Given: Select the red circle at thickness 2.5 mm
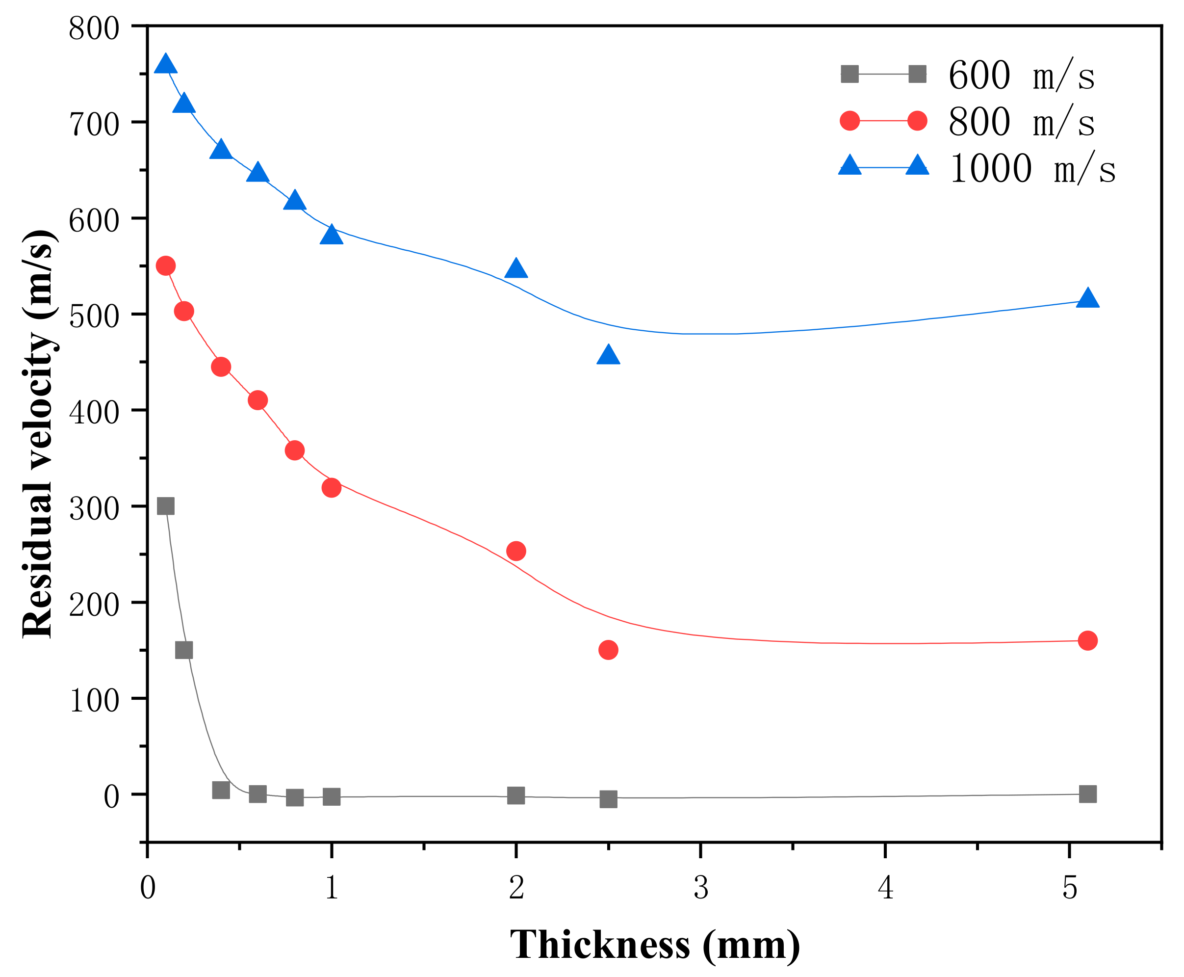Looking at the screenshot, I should [x=608, y=650].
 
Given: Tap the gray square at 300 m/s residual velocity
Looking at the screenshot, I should [x=165, y=506].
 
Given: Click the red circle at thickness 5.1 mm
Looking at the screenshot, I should [x=1088, y=640].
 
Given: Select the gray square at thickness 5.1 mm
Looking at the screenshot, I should [x=1088, y=794].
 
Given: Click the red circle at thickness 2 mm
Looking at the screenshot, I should [x=516, y=551].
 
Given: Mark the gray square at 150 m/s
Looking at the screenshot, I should [x=184, y=650].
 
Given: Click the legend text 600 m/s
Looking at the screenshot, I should [x=1021, y=75].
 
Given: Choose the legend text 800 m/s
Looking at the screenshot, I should [x=1021, y=122].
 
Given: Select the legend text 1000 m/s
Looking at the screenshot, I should [x=1032, y=168].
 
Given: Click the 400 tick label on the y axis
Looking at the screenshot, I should [x=94, y=413].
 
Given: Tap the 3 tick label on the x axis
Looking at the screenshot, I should [x=701, y=888].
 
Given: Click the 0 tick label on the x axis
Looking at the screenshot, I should [x=147, y=888].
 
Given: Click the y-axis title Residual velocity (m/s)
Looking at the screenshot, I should [x=38, y=433].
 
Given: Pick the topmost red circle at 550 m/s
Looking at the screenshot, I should [x=165, y=265].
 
